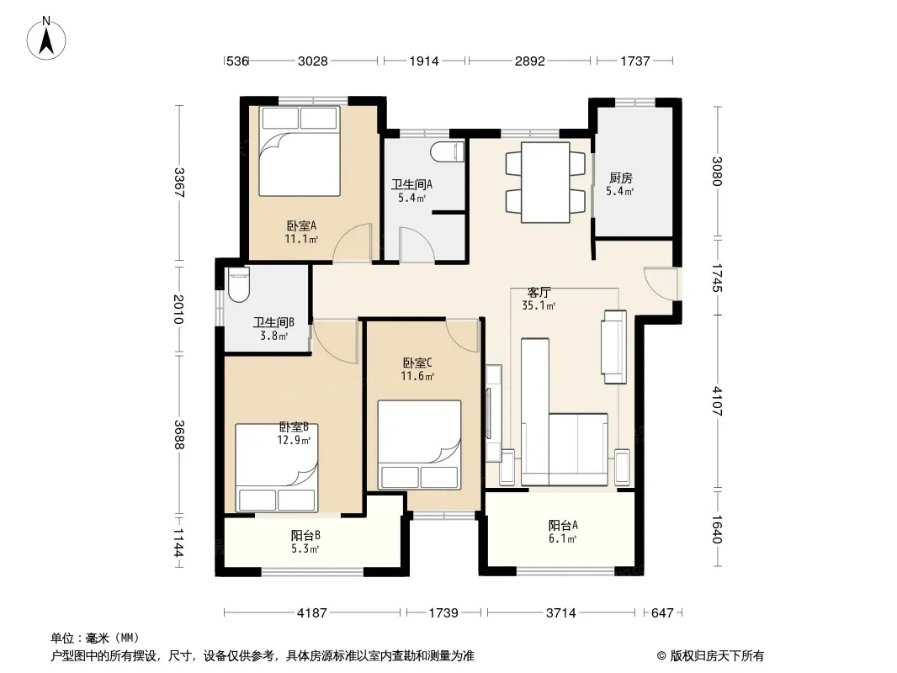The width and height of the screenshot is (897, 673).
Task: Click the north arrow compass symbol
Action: pyautogui.click(x=46, y=39)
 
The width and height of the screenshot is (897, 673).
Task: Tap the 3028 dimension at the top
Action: pyautogui.click(x=313, y=61)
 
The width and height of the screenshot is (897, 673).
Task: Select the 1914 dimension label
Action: pyautogui.click(x=424, y=61)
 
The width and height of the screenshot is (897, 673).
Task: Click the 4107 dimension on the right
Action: pyautogui.click(x=718, y=401)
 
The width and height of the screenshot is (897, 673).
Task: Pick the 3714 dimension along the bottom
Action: pyautogui.click(x=560, y=613)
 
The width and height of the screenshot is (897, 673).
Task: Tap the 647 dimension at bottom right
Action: pyautogui.click(x=662, y=613)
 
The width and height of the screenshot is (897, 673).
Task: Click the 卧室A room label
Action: pyautogui.click(x=301, y=225)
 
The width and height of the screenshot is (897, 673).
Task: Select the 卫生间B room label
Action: pyautogui.click(x=274, y=323)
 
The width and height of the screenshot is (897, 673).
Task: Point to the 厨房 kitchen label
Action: pyautogui.click(x=621, y=178)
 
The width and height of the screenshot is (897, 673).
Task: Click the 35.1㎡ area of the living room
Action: pyautogui.click(x=539, y=306)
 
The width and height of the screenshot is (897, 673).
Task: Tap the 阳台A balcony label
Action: pyautogui.click(x=563, y=526)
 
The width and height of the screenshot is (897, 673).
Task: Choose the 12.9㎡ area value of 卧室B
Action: pyautogui.click(x=294, y=440)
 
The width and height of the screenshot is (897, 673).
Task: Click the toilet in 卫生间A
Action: pyautogui.click(x=448, y=151)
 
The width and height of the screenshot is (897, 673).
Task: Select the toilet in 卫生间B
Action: pyautogui.click(x=238, y=284)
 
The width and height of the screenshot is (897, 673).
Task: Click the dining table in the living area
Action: pyautogui.click(x=545, y=182)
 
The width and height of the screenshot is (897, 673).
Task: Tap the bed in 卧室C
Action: pyautogui.click(x=419, y=445)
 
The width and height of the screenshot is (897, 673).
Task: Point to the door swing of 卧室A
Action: pyautogui.click(x=353, y=243)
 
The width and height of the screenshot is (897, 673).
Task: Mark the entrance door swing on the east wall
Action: pyautogui.click(x=661, y=283)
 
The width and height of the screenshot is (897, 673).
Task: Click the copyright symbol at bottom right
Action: pyautogui.click(x=661, y=656)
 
